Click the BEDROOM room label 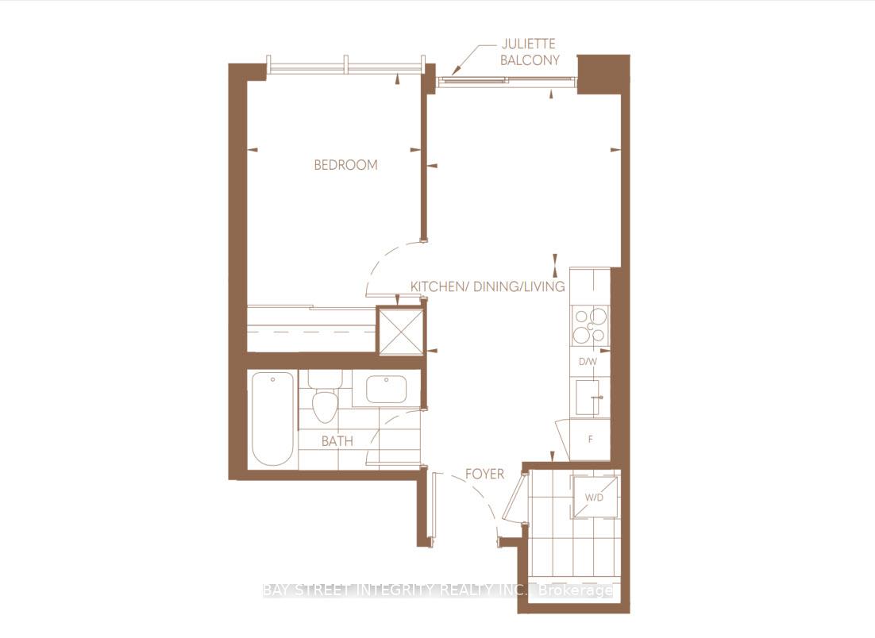[345, 165]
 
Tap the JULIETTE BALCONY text [530, 52]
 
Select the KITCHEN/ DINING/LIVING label [487, 286]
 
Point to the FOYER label [484, 474]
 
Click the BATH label [337, 441]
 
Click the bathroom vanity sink [386, 390]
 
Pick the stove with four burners [588, 325]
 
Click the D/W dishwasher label [588, 362]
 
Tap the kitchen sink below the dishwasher [588, 397]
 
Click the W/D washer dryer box [595, 498]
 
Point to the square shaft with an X [399, 331]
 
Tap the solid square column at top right [603, 74]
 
